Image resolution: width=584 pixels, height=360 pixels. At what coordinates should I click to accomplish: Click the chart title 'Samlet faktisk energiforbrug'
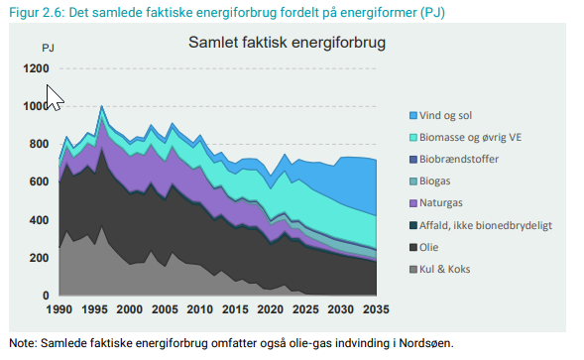287,44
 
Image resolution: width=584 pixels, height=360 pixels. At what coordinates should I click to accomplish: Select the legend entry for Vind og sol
447,115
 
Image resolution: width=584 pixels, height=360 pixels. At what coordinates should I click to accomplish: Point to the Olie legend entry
437,247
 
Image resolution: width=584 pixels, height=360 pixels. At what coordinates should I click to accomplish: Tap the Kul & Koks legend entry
450,269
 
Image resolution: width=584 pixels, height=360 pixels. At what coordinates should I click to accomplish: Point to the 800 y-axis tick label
38,144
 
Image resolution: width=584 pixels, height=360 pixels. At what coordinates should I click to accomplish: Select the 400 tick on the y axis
38,220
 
